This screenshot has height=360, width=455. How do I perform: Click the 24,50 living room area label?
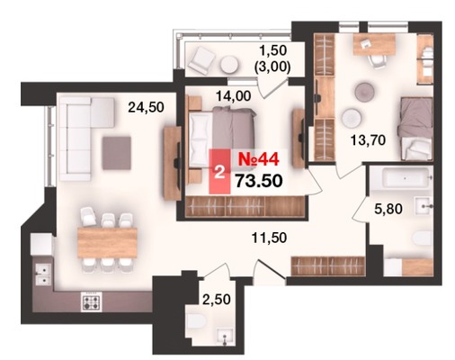[146, 107]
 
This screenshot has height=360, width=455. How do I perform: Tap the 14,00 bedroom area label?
[234, 96]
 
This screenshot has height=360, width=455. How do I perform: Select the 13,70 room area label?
[368, 139]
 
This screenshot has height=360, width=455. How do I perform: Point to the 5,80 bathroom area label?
[388, 209]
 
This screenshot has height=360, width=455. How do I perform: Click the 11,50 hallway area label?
[269, 238]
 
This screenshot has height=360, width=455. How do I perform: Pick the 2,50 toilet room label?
[217, 299]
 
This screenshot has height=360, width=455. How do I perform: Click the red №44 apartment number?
[259, 159]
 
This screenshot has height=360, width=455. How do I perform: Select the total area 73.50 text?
[259, 181]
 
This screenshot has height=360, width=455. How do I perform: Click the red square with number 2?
[219, 172]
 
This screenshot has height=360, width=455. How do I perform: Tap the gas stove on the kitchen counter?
[91, 301]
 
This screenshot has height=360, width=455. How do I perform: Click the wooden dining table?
[107, 243]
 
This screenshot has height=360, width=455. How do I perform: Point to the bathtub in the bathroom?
[400, 178]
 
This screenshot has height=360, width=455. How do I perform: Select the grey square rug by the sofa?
[117, 153]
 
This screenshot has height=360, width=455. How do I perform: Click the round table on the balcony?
[229, 64]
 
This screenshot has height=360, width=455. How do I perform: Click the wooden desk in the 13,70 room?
[374, 44]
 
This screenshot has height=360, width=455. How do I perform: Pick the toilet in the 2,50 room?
[196, 321]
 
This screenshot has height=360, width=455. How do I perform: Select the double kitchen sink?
[43, 274]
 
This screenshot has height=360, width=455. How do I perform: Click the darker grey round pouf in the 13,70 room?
[365, 91]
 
